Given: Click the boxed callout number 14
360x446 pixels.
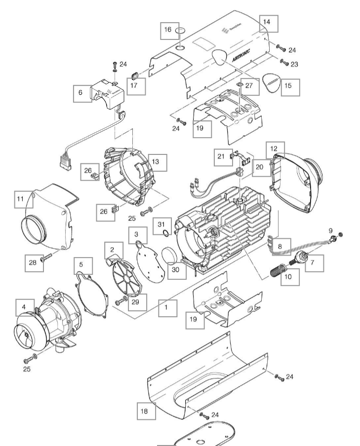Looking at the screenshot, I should click(x=267, y=22).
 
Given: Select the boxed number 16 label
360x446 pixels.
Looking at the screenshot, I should click(x=168, y=30).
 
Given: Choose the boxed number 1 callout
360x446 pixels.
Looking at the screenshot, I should click(x=166, y=308).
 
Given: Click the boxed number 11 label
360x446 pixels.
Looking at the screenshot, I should click(x=20, y=199).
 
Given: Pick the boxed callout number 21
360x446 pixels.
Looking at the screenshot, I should click(x=221, y=156).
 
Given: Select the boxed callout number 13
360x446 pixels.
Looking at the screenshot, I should click(x=157, y=161).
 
